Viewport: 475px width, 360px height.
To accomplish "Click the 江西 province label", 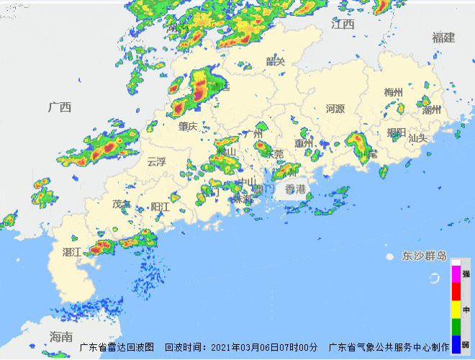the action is [x=343, y=24].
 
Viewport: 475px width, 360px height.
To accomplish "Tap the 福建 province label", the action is [x=444, y=37].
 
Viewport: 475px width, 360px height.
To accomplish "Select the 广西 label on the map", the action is [x=60, y=107].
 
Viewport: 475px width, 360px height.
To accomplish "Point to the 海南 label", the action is [x=61, y=336].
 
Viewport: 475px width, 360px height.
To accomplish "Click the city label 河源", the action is [x=335, y=109].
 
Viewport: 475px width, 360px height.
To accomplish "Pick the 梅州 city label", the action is [x=394, y=92].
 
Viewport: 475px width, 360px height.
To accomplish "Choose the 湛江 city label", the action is [x=72, y=251].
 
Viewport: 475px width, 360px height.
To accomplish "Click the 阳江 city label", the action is [x=160, y=207].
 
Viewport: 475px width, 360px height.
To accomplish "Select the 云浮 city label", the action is [x=156, y=162].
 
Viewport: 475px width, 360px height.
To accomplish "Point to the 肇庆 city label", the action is [x=188, y=126].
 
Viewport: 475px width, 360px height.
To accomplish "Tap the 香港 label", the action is [x=295, y=189].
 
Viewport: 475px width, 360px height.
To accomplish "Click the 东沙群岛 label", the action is [x=425, y=256].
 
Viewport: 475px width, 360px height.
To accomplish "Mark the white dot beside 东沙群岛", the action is [x=389, y=256].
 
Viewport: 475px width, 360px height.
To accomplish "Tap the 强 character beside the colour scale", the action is [x=466, y=274].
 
